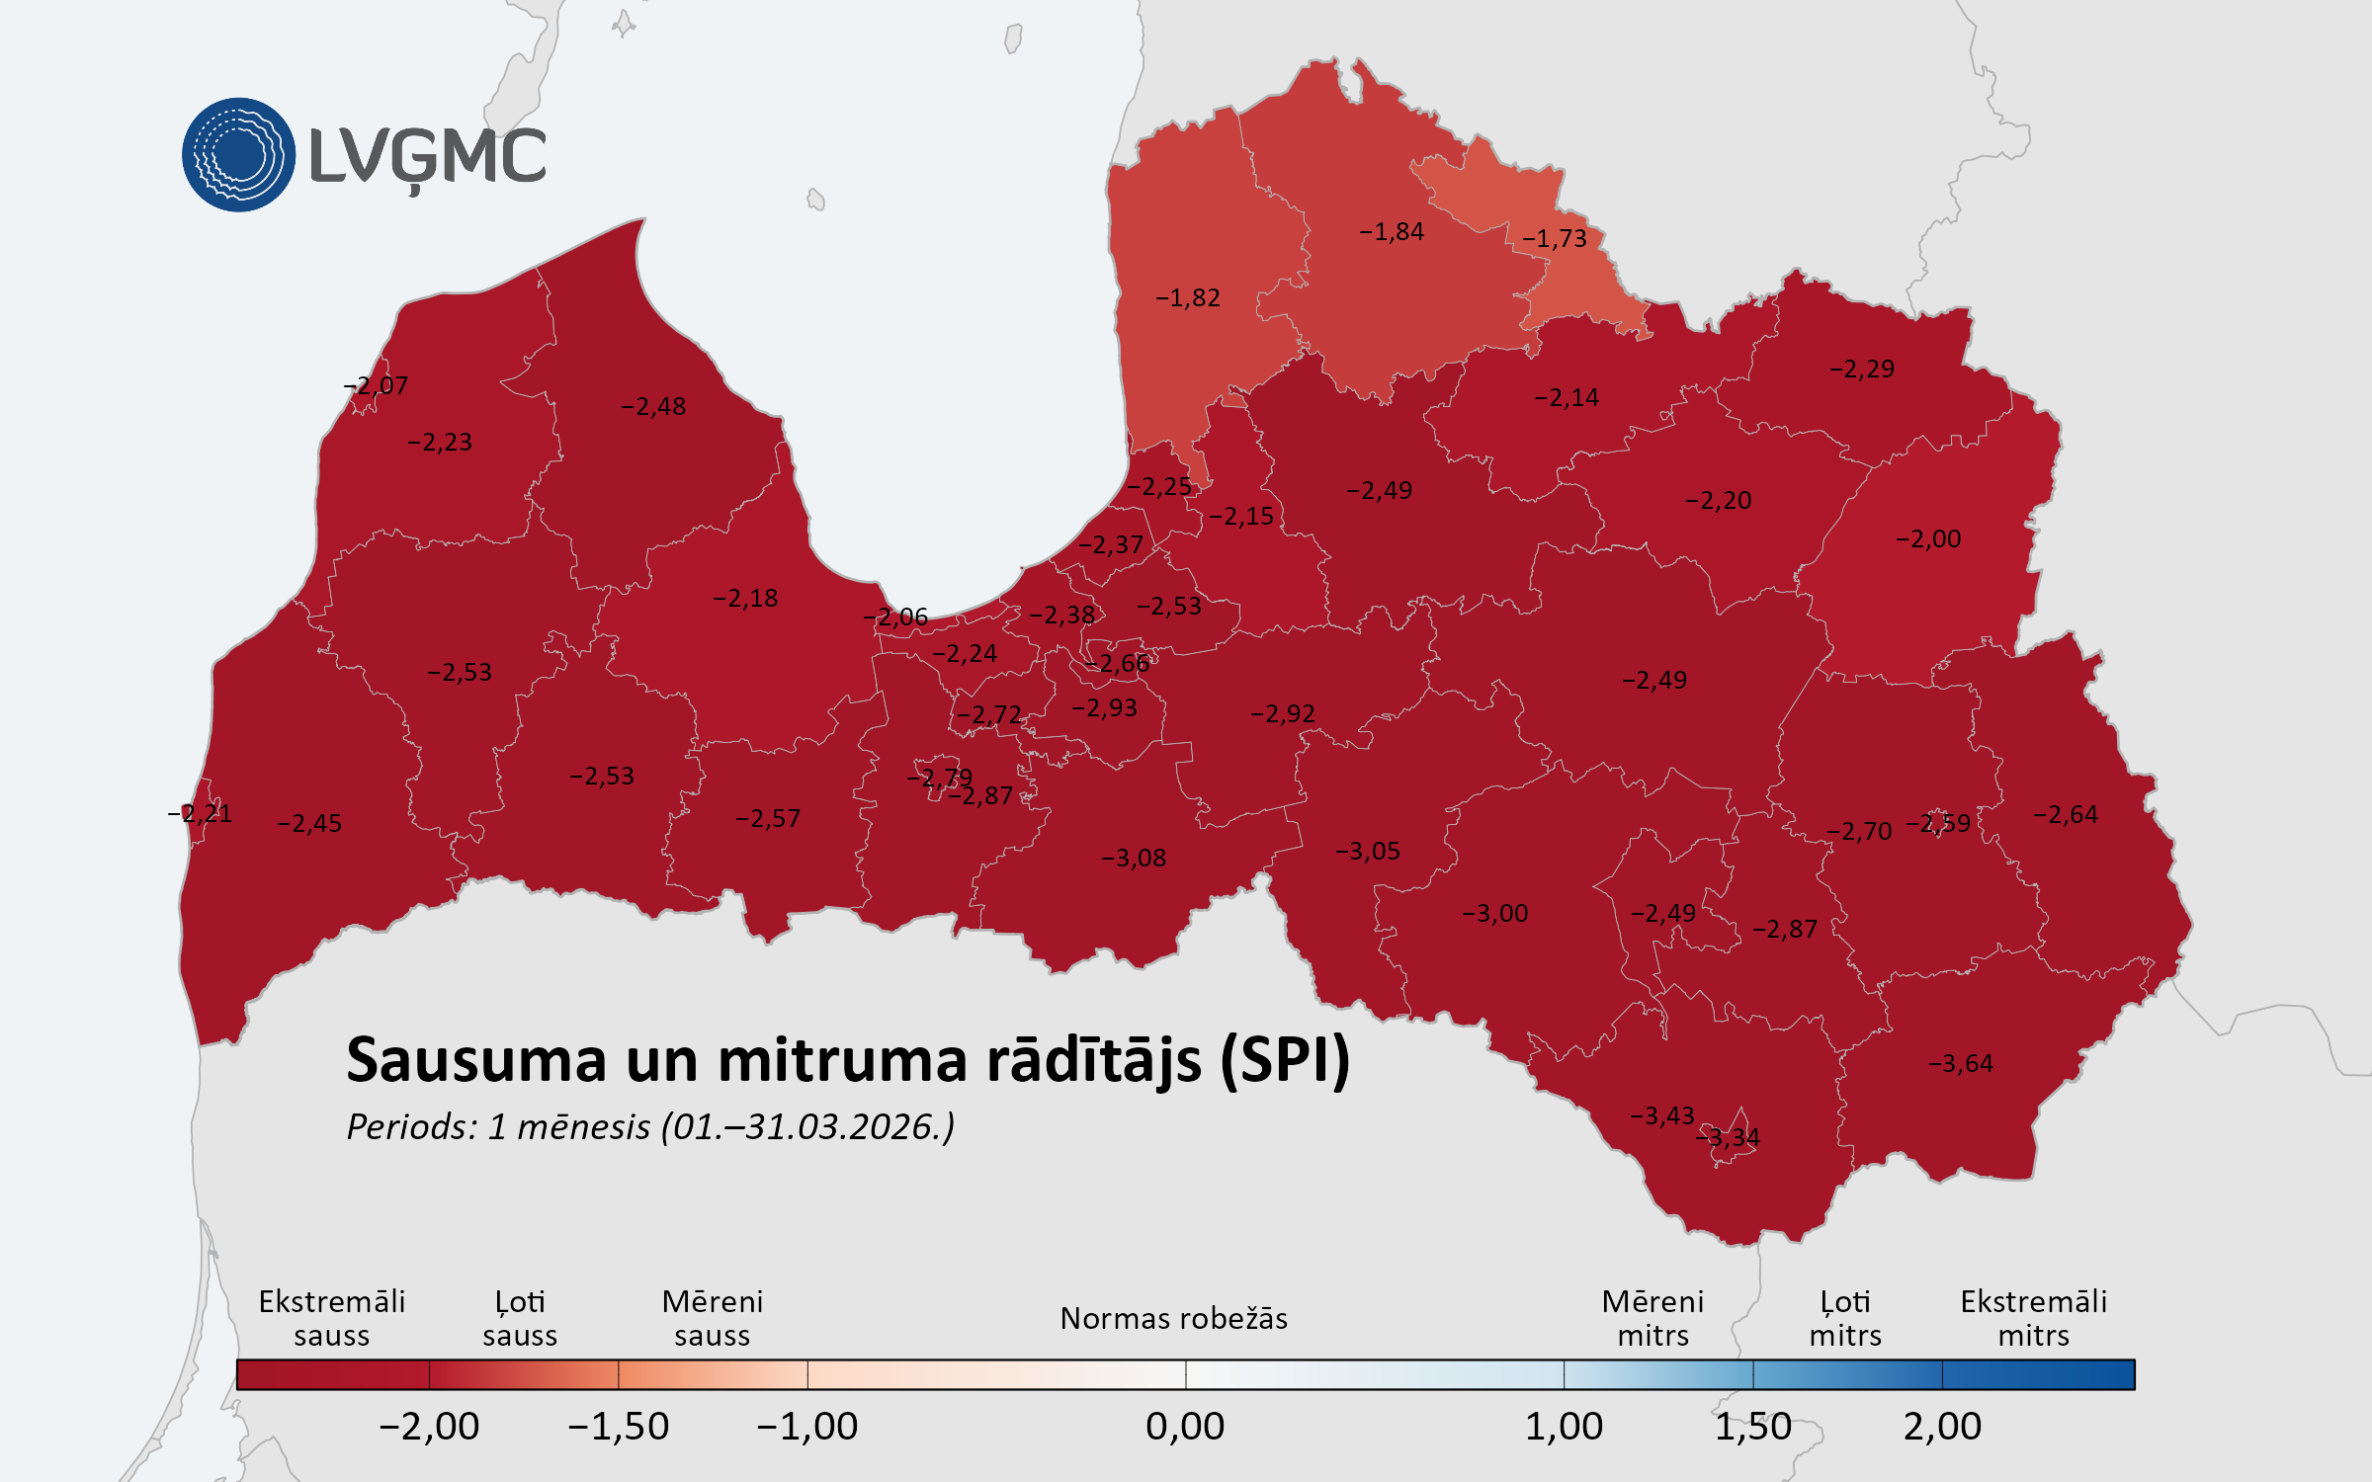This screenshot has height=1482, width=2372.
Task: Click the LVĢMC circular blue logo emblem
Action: (x=238, y=154)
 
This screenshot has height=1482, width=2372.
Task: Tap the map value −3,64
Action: (x=1961, y=1064)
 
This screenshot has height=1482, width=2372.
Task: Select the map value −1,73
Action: (x=1555, y=239)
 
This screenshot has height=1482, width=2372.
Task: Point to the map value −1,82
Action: (x=1188, y=298)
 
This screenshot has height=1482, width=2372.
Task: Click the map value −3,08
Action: (x=1134, y=859)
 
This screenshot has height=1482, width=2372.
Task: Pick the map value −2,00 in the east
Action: (x=1928, y=539)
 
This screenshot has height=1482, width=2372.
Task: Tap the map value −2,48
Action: (x=653, y=407)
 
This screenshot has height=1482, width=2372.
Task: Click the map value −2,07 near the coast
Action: (x=376, y=386)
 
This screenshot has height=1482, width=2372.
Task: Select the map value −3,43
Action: (x=1662, y=1116)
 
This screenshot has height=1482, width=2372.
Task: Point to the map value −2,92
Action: (x=1283, y=714)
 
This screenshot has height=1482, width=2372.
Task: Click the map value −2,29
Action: (x=1862, y=370)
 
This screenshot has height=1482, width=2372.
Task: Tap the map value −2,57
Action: (x=768, y=819)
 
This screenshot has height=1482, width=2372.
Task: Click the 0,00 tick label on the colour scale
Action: (x=1185, y=1427)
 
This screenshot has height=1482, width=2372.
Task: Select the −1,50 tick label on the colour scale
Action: (x=619, y=1427)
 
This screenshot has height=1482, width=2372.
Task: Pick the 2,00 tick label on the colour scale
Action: (x=1942, y=1427)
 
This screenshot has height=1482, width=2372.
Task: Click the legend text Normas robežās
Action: (x=1173, y=1319)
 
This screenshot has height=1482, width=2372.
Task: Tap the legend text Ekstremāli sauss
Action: (x=332, y=1319)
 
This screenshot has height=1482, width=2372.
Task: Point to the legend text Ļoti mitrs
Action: (x=1845, y=1319)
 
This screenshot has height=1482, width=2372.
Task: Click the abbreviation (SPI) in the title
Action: (x=1285, y=1061)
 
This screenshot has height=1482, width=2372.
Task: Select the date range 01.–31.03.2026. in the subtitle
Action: (x=808, y=1127)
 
